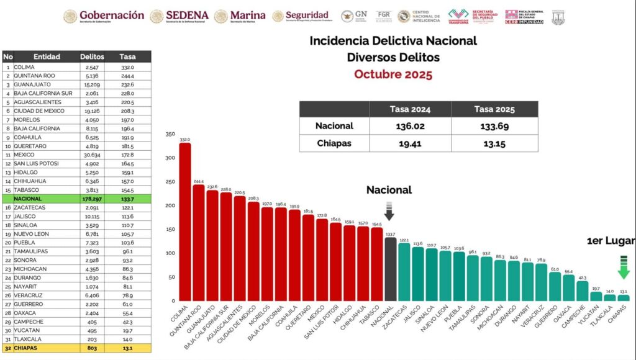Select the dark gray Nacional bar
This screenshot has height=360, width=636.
coord(390,269)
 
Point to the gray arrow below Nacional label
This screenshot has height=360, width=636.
coord(389,211)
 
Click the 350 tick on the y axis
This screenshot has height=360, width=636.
coord(170,134)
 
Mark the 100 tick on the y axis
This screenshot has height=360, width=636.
coord(170,253)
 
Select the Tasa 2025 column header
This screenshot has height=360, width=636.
coord(494,109)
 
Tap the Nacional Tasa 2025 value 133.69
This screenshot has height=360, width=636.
coord(494,126)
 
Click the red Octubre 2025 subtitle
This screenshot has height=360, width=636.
coord(393,74)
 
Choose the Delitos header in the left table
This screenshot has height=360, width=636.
coord(92,56)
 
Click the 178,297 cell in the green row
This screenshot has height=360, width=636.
coord(93,199)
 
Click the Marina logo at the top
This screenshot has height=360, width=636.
coord(240,16)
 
